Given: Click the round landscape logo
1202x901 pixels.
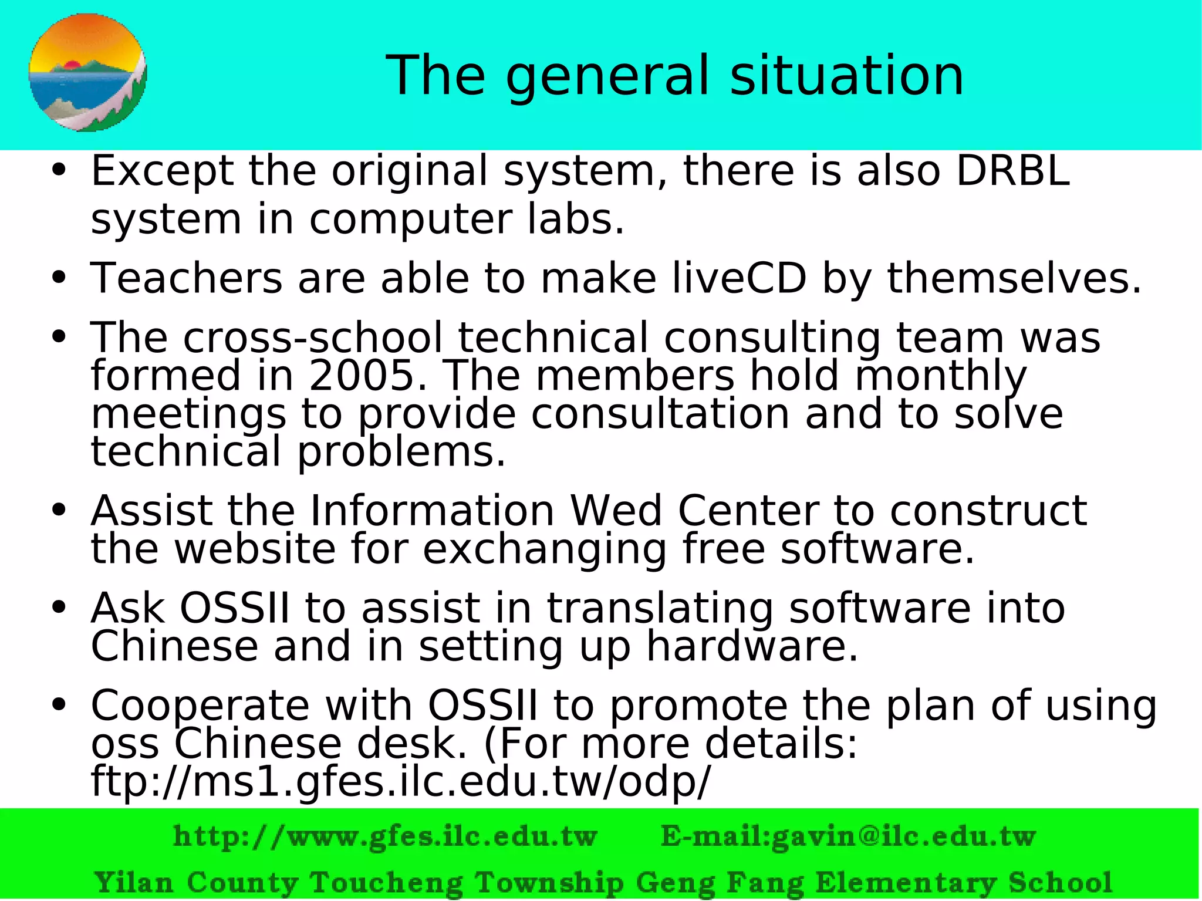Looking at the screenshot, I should tap(87, 72).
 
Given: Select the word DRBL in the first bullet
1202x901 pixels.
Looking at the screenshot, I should tap(1013, 171).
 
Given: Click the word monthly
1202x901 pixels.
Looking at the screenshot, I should tap(941, 376).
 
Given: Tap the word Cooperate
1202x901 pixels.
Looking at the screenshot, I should tap(200, 705).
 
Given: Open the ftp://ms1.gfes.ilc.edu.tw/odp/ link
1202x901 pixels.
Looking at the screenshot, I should tap(400, 782).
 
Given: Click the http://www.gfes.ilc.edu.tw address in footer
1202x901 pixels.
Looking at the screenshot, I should tap(385, 836).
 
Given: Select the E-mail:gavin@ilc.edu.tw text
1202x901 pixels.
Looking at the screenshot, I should tap(848, 836).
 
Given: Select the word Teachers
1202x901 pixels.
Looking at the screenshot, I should tap(187, 278).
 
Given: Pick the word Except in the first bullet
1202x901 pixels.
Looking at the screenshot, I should tap(162, 171).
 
